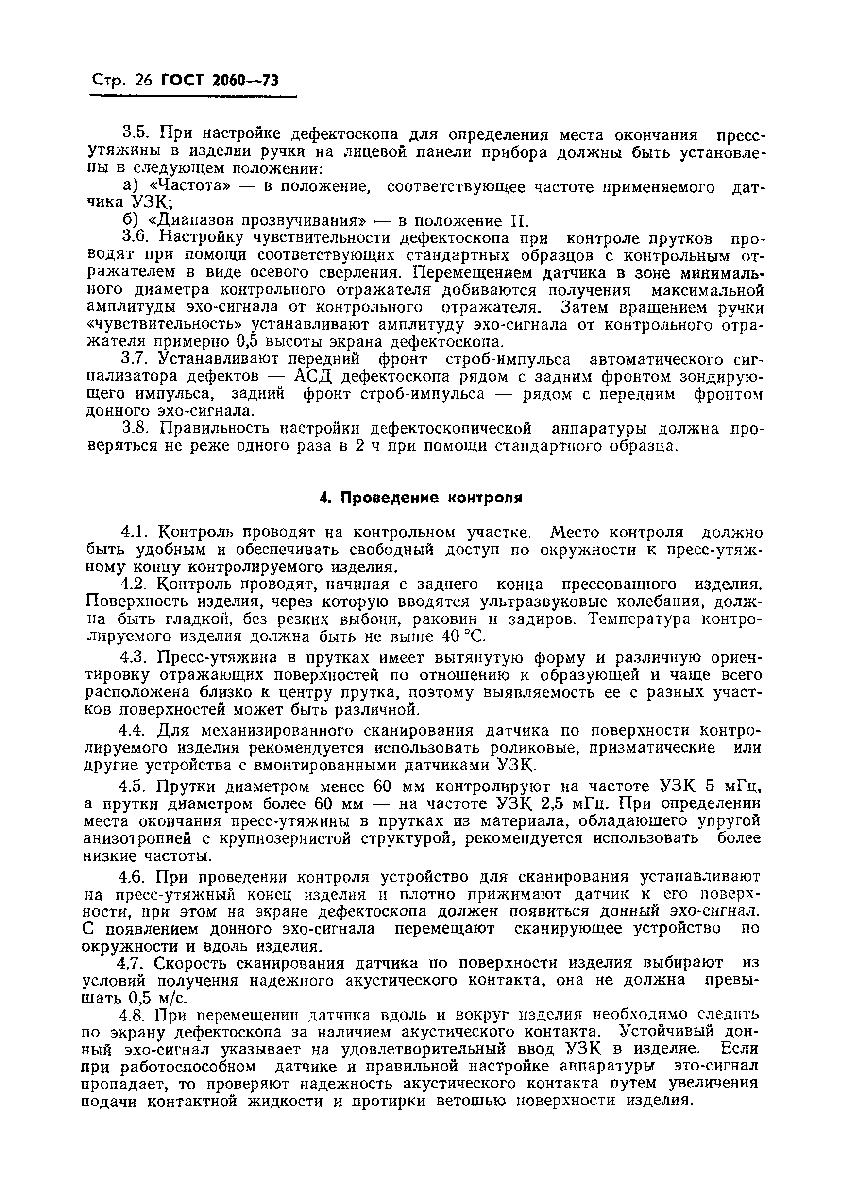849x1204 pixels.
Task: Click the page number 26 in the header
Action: [143, 80]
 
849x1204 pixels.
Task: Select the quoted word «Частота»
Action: [184, 187]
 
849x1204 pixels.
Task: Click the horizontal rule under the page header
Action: [193, 97]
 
